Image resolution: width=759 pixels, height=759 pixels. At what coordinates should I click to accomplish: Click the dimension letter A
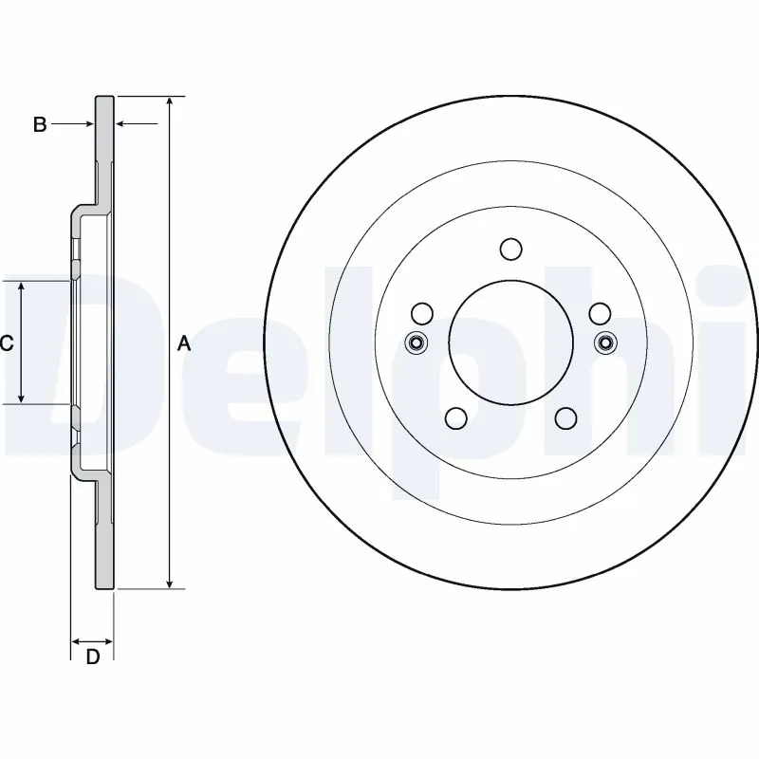(184, 343)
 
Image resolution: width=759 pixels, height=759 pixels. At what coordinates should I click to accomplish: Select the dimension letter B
(40, 124)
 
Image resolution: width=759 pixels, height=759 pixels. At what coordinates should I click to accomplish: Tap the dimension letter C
(7, 343)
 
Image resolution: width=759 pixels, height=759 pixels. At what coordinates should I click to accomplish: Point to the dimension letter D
(92, 657)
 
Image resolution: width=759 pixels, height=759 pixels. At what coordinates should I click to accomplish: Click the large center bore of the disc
(511, 342)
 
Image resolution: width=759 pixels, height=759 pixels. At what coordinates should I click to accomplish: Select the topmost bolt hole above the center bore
(511, 250)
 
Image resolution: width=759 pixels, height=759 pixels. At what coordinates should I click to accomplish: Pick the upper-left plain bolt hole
(423, 312)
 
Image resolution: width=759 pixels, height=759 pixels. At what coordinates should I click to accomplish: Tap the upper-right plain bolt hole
(600, 312)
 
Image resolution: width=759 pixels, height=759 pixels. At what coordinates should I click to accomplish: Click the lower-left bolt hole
(456, 417)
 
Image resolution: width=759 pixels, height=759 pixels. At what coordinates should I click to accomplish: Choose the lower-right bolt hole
(566, 417)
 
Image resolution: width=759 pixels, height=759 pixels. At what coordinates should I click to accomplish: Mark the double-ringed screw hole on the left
(416, 342)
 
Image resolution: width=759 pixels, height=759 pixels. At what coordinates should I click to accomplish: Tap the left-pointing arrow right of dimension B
(121, 124)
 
